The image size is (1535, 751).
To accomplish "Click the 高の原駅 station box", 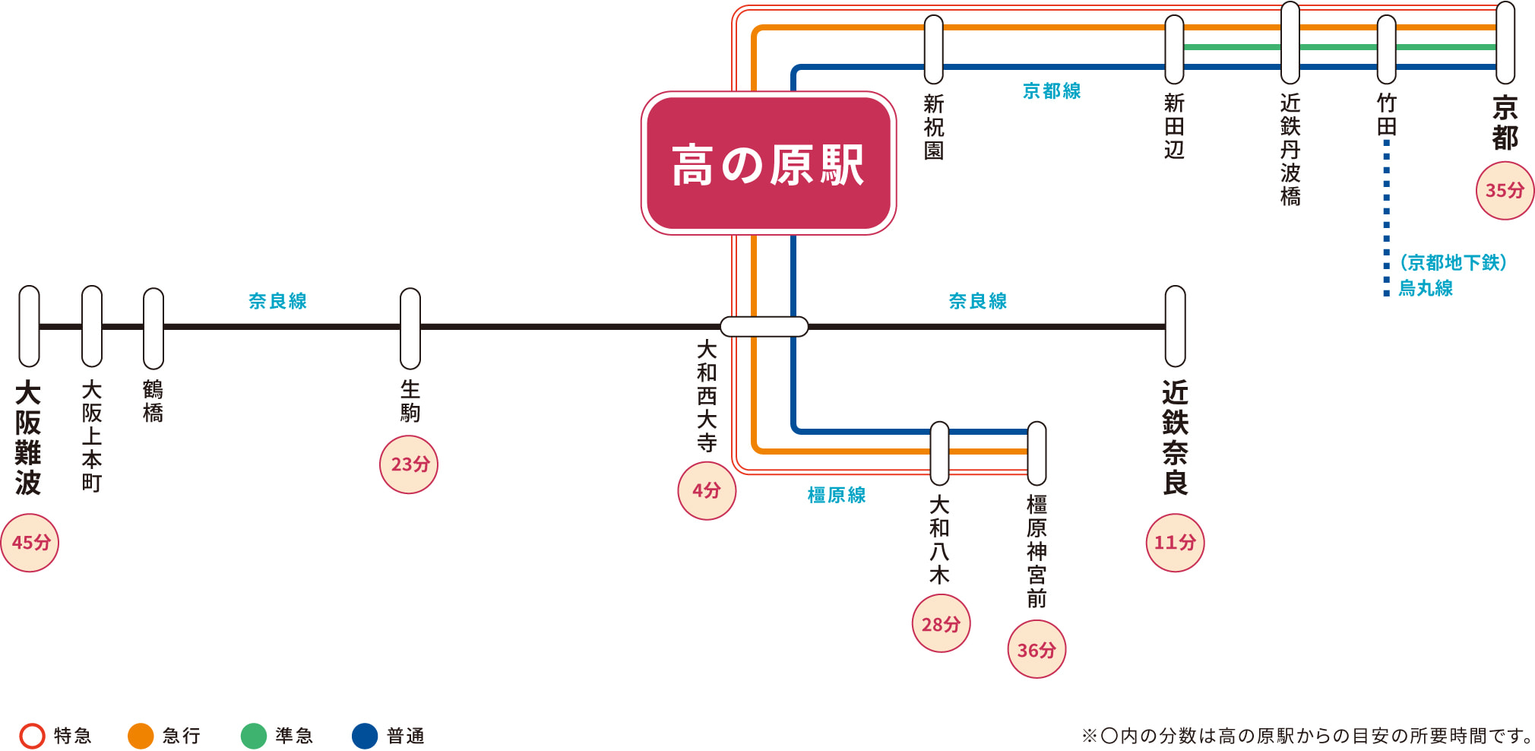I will tap(768, 163).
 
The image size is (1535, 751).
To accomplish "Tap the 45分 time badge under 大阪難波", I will tap(30, 543).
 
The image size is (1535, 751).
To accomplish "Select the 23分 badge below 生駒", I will tap(409, 464).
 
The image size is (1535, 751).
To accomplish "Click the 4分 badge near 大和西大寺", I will tap(707, 491).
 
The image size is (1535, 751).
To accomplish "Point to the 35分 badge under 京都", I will tap(1505, 191).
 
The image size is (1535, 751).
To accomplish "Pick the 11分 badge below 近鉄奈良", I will tap(1175, 543).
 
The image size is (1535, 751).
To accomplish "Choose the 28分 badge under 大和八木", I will tap(941, 624).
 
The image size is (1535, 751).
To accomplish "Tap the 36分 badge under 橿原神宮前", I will tap(1037, 650).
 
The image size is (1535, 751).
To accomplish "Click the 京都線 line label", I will tap(1052, 91).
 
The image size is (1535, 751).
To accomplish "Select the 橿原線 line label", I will tap(837, 496).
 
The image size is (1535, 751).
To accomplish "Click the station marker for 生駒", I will tap(410, 328).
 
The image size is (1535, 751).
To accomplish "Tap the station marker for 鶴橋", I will tap(153, 328).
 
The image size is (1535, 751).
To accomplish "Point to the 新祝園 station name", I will tap(934, 127).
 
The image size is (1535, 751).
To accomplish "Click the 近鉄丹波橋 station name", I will tap(1290, 150).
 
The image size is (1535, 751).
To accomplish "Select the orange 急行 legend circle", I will tap(141, 736).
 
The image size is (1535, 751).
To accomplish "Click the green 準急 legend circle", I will tap(253, 736).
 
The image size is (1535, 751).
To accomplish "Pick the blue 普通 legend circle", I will tap(365, 736).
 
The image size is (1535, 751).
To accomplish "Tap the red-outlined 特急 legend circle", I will tap(32, 736).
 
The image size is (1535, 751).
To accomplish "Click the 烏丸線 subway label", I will tap(1426, 288).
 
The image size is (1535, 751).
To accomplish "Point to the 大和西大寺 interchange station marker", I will tap(764, 327).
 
